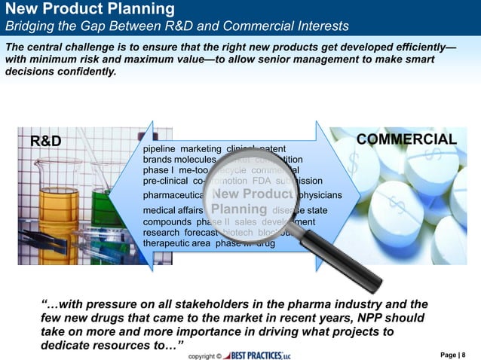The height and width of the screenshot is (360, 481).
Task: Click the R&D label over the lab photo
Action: point(45,141)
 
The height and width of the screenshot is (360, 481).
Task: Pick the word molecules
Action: point(195,160)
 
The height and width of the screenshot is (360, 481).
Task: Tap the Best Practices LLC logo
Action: point(259,355)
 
